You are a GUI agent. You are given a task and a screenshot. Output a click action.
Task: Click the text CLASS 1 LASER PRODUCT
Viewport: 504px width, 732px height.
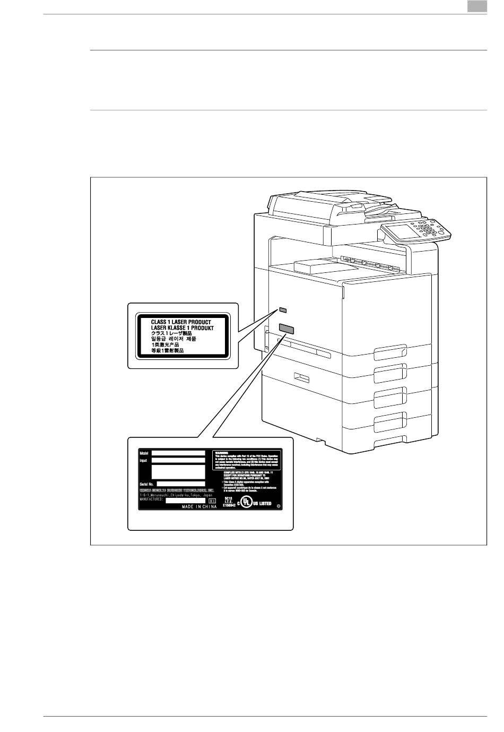tap(181, 322)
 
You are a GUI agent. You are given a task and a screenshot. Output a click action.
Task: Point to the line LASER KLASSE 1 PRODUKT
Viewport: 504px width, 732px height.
tap(182, 329)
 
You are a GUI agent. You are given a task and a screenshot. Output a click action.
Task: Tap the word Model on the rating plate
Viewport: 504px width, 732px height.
tap(144, 453)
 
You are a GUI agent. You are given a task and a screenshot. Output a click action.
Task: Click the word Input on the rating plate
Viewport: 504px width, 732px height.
tap(143, 460)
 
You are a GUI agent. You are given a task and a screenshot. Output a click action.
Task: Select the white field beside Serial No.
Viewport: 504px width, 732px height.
tap(181, 484)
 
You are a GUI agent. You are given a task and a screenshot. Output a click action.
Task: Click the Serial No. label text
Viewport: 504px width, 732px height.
tap(147, 484)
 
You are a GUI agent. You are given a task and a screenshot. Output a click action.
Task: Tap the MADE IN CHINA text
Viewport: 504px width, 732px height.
tap(199, 507)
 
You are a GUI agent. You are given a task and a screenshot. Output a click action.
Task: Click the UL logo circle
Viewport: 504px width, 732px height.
tap(246, 503)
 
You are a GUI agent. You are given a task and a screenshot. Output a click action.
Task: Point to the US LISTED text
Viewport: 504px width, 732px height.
tap(262, 503)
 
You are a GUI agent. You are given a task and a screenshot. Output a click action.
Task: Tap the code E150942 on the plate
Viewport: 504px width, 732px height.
tap(229, 506)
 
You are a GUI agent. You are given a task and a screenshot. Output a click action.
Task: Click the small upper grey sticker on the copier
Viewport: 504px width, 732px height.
tap(283, 309)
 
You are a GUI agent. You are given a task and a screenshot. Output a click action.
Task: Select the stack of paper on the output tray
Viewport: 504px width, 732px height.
tap(315, 267)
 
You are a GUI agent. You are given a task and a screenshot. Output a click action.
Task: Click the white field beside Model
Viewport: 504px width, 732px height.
tap(178, 453)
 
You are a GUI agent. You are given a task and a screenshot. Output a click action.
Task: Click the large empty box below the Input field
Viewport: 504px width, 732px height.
tap(178, 471)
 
